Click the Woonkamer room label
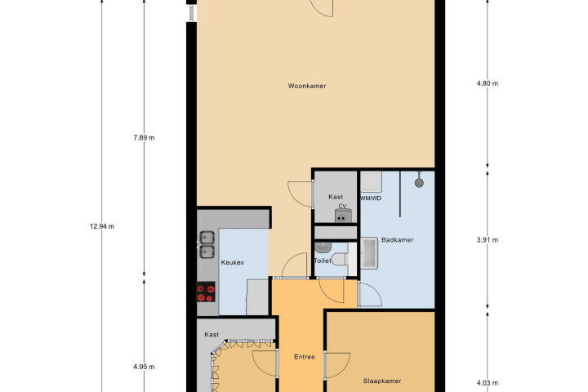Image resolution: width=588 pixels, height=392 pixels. point(307,86)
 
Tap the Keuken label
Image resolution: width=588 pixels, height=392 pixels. point(233,263)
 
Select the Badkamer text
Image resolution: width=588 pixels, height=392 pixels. point(398,240)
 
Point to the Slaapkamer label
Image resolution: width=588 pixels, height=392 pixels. point(382,381)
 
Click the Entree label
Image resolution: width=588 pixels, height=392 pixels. point(305,357)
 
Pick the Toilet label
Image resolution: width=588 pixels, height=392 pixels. point(323,261)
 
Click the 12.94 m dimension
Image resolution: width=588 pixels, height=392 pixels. point(102,226)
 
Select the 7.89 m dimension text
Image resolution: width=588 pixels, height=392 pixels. point(144,138)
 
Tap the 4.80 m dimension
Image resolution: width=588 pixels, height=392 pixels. point(488,83)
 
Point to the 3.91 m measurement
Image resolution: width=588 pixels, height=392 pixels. point(488,240)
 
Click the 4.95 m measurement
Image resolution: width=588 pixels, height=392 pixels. point(144,367)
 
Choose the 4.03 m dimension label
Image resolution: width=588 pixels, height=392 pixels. point(488,383)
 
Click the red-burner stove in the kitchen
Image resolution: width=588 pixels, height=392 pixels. point(206,292)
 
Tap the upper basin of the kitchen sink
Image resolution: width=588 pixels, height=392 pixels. point(207,238)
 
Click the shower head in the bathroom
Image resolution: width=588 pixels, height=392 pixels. point(419,183)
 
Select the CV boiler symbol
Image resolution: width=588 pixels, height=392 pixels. point(343,216)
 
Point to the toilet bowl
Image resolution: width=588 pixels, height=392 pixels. point(340,259)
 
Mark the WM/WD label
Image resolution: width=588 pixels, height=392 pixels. point(371,198)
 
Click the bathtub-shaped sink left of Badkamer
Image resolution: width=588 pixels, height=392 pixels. point(370,253)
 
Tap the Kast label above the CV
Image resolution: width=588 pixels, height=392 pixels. point(336,197)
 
